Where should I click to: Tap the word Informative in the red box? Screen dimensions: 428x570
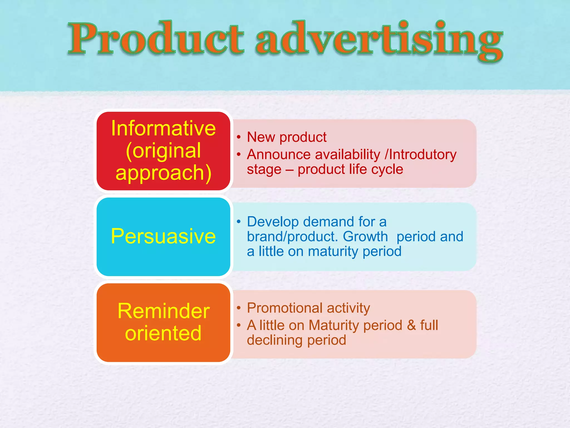coord(163,128)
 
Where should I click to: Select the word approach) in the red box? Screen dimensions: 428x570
coord(163,173)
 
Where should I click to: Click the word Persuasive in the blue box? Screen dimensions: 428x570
coord(163,236)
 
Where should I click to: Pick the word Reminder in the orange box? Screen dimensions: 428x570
coord(163,311)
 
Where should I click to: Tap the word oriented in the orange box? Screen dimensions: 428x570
coord(163,333)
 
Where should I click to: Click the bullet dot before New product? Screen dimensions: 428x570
coord(239,137)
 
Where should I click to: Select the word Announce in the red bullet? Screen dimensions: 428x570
coord(279,155)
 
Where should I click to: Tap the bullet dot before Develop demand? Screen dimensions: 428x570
coord(239,222)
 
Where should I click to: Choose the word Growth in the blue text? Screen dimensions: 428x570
coord(365,237)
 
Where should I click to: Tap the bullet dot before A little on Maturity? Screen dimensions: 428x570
coord(239,325)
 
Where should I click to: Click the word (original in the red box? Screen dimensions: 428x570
coord(163,151)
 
